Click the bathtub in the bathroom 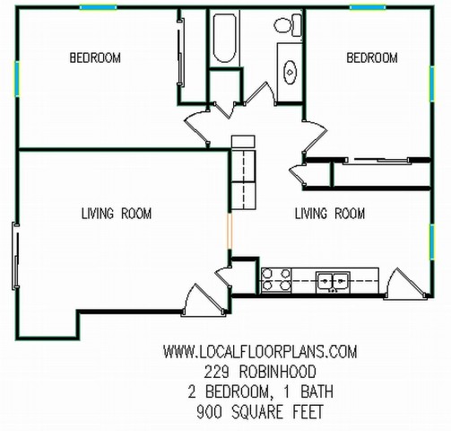tap(224, 38)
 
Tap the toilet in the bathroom tap(289, 25)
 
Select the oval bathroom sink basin tap(290, 73)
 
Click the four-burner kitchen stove tap(276, 280)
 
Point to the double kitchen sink tap(334, 281)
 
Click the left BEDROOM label tap(95, 57)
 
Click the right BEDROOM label tap(372, 57)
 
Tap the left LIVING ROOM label tap(117, 214)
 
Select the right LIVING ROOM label tap(330, 214)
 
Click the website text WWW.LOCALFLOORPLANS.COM tap(260, 352)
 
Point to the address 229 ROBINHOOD tap(260, 372)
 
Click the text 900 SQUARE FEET tap(260, 412)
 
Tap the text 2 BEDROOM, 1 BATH tap(260, 392)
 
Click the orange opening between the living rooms tap(230, 231)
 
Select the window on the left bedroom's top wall tap(98, 7)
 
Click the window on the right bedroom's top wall tap(368, 7)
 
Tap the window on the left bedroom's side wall tap(17, 79)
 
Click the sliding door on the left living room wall tap(15, 256)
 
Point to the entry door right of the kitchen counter tap(405, 284)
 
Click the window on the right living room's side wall tap(432, 242)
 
